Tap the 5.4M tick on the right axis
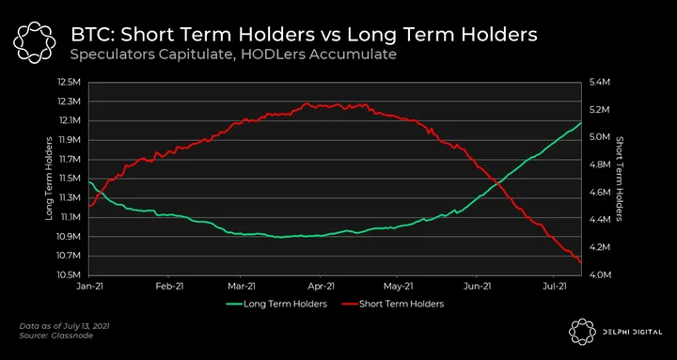[599, 83]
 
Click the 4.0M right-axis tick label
[599, 275]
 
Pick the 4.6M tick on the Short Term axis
[599, 193]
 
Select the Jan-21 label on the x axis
[90, 286]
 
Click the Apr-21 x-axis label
[321, 286]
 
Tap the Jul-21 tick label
[554, 286]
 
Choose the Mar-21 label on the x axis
[242, 286]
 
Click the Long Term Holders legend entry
[276, 304]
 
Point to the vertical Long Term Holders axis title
[49, 179]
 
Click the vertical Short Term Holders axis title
[620, 179]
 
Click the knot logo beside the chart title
[35, 42]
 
